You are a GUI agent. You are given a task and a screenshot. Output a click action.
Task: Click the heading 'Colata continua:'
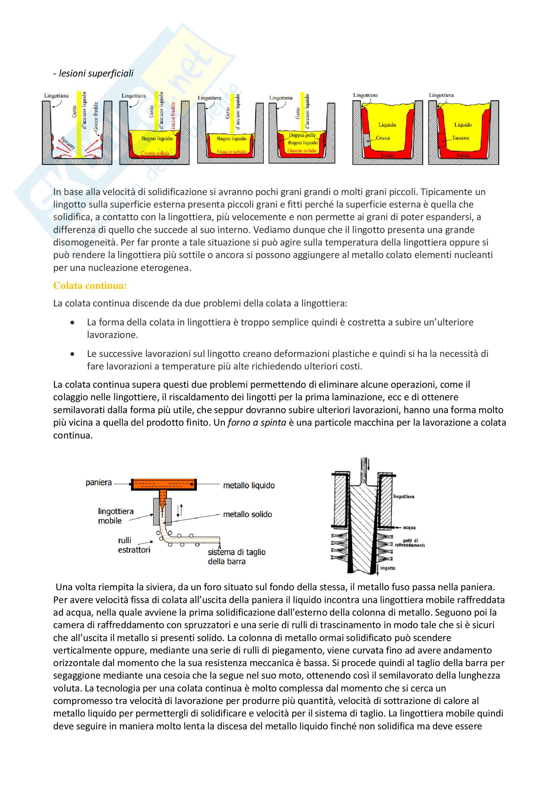pyautogui.click(x=90, y=286)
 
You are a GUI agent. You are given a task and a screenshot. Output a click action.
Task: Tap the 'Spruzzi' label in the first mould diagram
pyautogui.click(x=68, y=143)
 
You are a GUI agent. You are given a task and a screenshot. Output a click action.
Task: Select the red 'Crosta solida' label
pyautogui.click(x=155, y=153)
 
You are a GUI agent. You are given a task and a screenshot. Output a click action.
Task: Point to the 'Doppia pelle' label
pyautogui.click(x=302, y=135)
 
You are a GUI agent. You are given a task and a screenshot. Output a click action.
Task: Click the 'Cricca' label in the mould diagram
pyautogui.click(x=383, y=138)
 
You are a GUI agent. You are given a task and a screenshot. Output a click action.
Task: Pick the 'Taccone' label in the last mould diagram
pyautogui.click(x=461, y=138)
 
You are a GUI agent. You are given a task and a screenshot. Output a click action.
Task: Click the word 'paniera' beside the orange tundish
pyautogui.click(x=99, y=483)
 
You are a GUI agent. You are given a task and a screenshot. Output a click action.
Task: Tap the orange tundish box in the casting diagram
pyautogui.click(x=164, y=484)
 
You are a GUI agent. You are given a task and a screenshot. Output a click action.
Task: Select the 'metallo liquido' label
pyautogui.click(x=249, y=485)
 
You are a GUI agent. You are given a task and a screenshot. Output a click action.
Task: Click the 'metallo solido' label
pyautogui.click(x=247, y=514)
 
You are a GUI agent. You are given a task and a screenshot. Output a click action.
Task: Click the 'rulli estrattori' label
pyautogui.click(x=134, y=545)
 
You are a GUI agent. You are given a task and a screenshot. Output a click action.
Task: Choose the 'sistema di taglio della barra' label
pyautogui.click(x=236, y=556)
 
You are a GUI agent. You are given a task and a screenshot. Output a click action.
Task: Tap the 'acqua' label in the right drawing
pyautogui.click(x=409, y=528)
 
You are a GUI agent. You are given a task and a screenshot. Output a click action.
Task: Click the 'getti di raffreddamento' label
pyautogui.click(x=410, y=542)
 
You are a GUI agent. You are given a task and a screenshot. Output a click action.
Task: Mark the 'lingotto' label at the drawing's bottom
pyautogui.click(x=388, y=568)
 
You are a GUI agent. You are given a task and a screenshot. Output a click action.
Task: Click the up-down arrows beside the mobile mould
pyautogui.click(x=180, y=510)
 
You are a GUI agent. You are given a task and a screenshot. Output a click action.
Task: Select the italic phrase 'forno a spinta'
pyautogui.click(x=257, y=423)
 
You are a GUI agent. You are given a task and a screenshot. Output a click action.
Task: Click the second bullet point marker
pyautogui.click(x=72, y=354)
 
